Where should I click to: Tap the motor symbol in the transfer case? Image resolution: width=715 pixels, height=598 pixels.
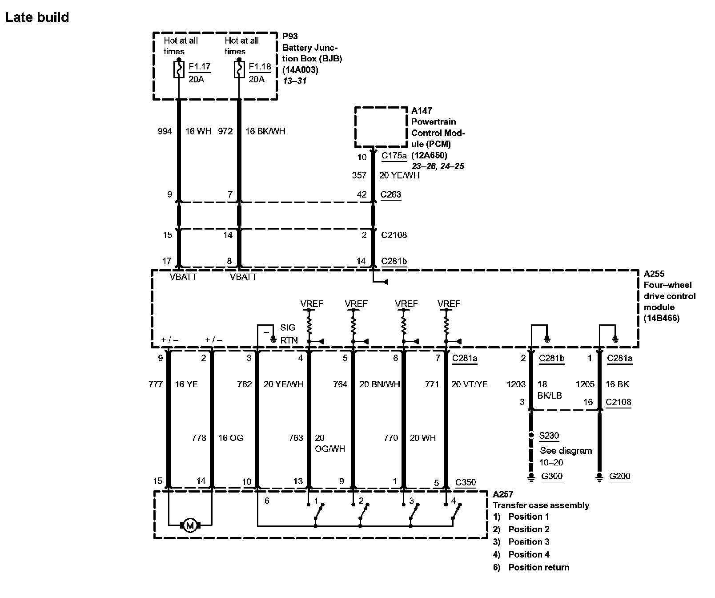pos(190,525)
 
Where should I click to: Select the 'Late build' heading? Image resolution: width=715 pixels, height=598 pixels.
pos(37,17)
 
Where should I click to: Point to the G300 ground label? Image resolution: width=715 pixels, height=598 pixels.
pos(552,476)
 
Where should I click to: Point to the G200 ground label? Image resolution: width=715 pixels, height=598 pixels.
pos(619,476)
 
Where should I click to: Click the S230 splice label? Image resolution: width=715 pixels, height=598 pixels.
pos(549,436)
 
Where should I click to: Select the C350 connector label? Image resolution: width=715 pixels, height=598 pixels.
pos(466,482)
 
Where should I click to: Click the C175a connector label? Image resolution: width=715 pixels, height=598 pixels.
pos(394,156)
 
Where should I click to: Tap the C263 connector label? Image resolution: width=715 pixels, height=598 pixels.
pos(391,194)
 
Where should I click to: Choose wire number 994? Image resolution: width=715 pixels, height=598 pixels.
pos(165,131)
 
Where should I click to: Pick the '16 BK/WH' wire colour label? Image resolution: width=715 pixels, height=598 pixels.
pos(265,131)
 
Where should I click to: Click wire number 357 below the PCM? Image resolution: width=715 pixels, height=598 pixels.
pos(359,175)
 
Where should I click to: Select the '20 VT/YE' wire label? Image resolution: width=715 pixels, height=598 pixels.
pos(469,384)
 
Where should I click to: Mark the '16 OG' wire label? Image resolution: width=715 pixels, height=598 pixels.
pos(231,438)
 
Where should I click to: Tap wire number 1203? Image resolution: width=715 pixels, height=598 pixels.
pos(516,384)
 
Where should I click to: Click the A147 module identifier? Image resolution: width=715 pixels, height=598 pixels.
pos(422,110)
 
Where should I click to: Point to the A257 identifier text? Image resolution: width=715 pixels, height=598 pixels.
pos(503,494)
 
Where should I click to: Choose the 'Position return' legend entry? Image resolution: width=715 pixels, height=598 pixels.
pos(538,567)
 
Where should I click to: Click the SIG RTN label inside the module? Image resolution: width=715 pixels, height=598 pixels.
pos(288,334)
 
